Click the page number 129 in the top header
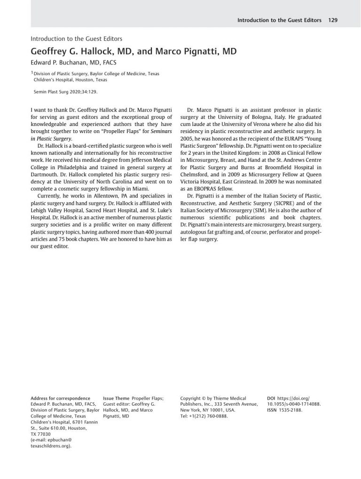pos(333,20)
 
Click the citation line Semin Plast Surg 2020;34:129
pos(66,93)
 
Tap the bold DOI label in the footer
pos(271,398)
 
